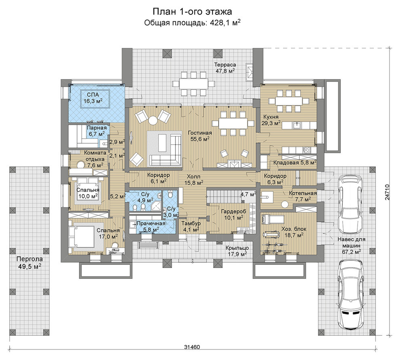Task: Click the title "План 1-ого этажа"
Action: click(x=192, y=12)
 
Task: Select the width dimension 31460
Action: click(x=192, y=347)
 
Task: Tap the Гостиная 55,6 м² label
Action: click(x=200, y=136)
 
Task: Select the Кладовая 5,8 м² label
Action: click(x=295, y=162)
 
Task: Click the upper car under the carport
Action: click(x=349, y=204)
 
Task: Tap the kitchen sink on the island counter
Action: click(x=297, y=125)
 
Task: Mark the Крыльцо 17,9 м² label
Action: click(x=237, y=251)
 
